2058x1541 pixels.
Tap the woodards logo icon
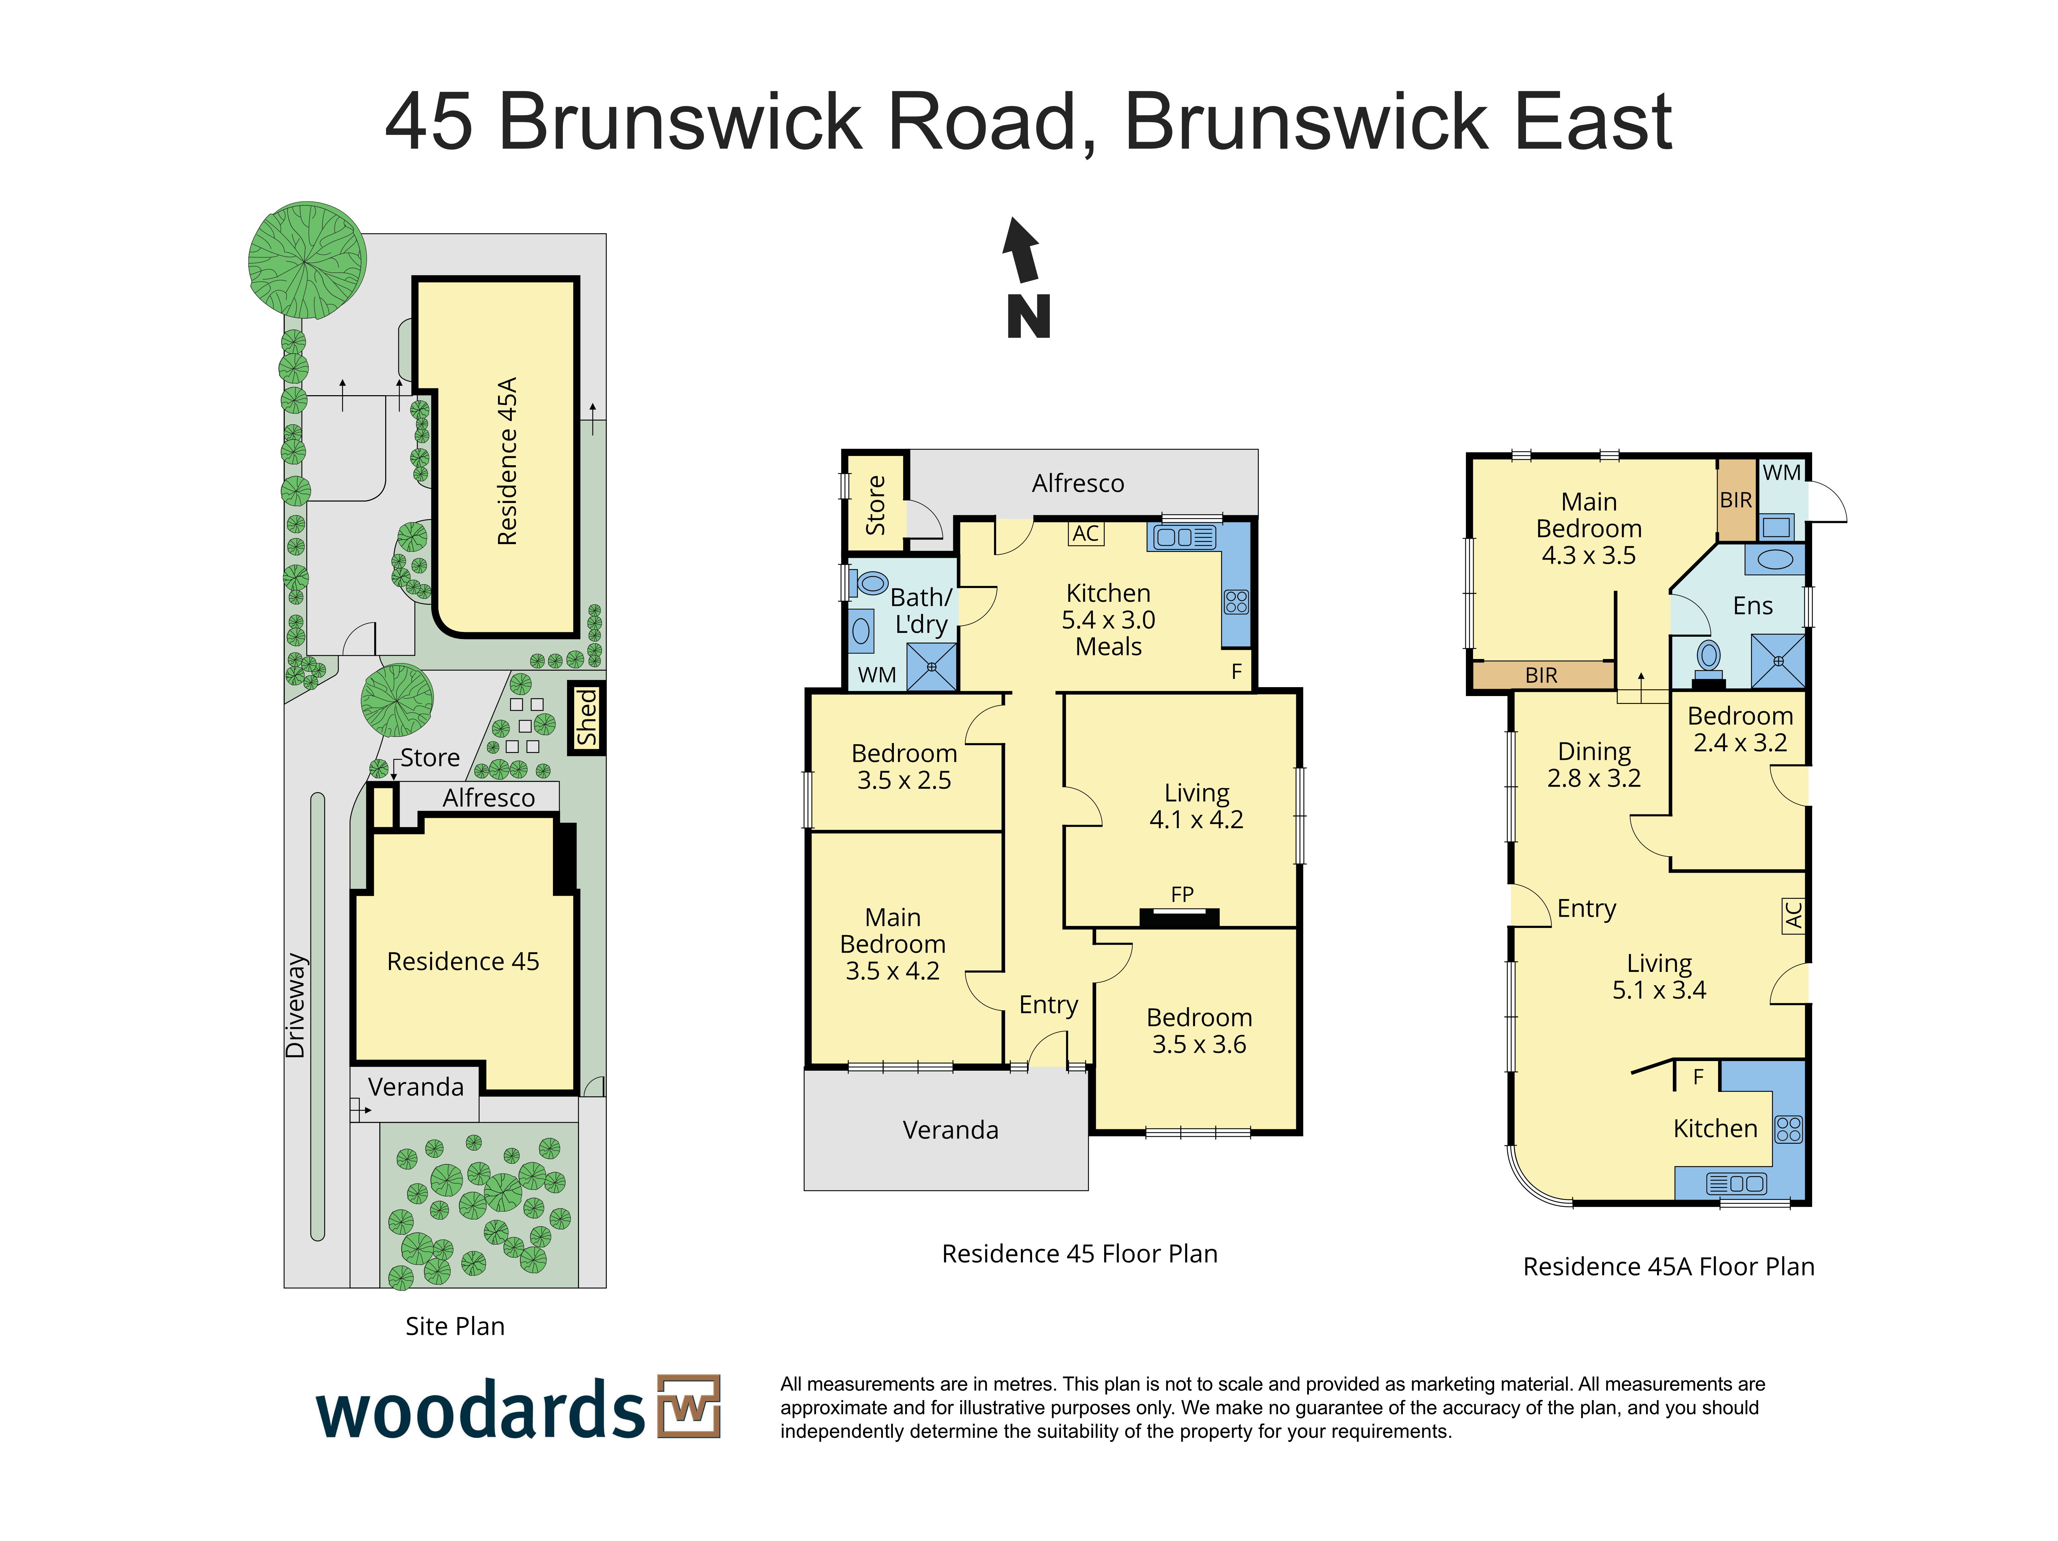tap(688, 1406)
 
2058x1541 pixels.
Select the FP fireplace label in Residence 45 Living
tap(1182, 894)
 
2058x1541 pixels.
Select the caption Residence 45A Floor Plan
tap(1668, 1267)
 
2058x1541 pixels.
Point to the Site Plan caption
tap(455, 1326)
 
